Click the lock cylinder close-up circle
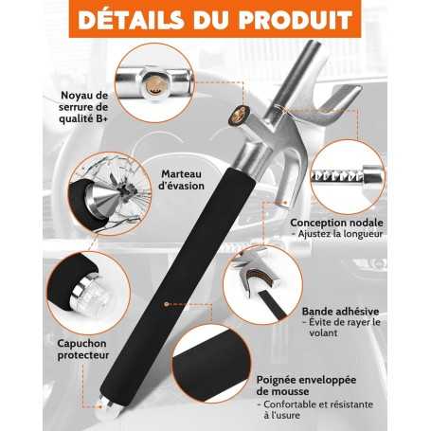pos(152,84)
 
